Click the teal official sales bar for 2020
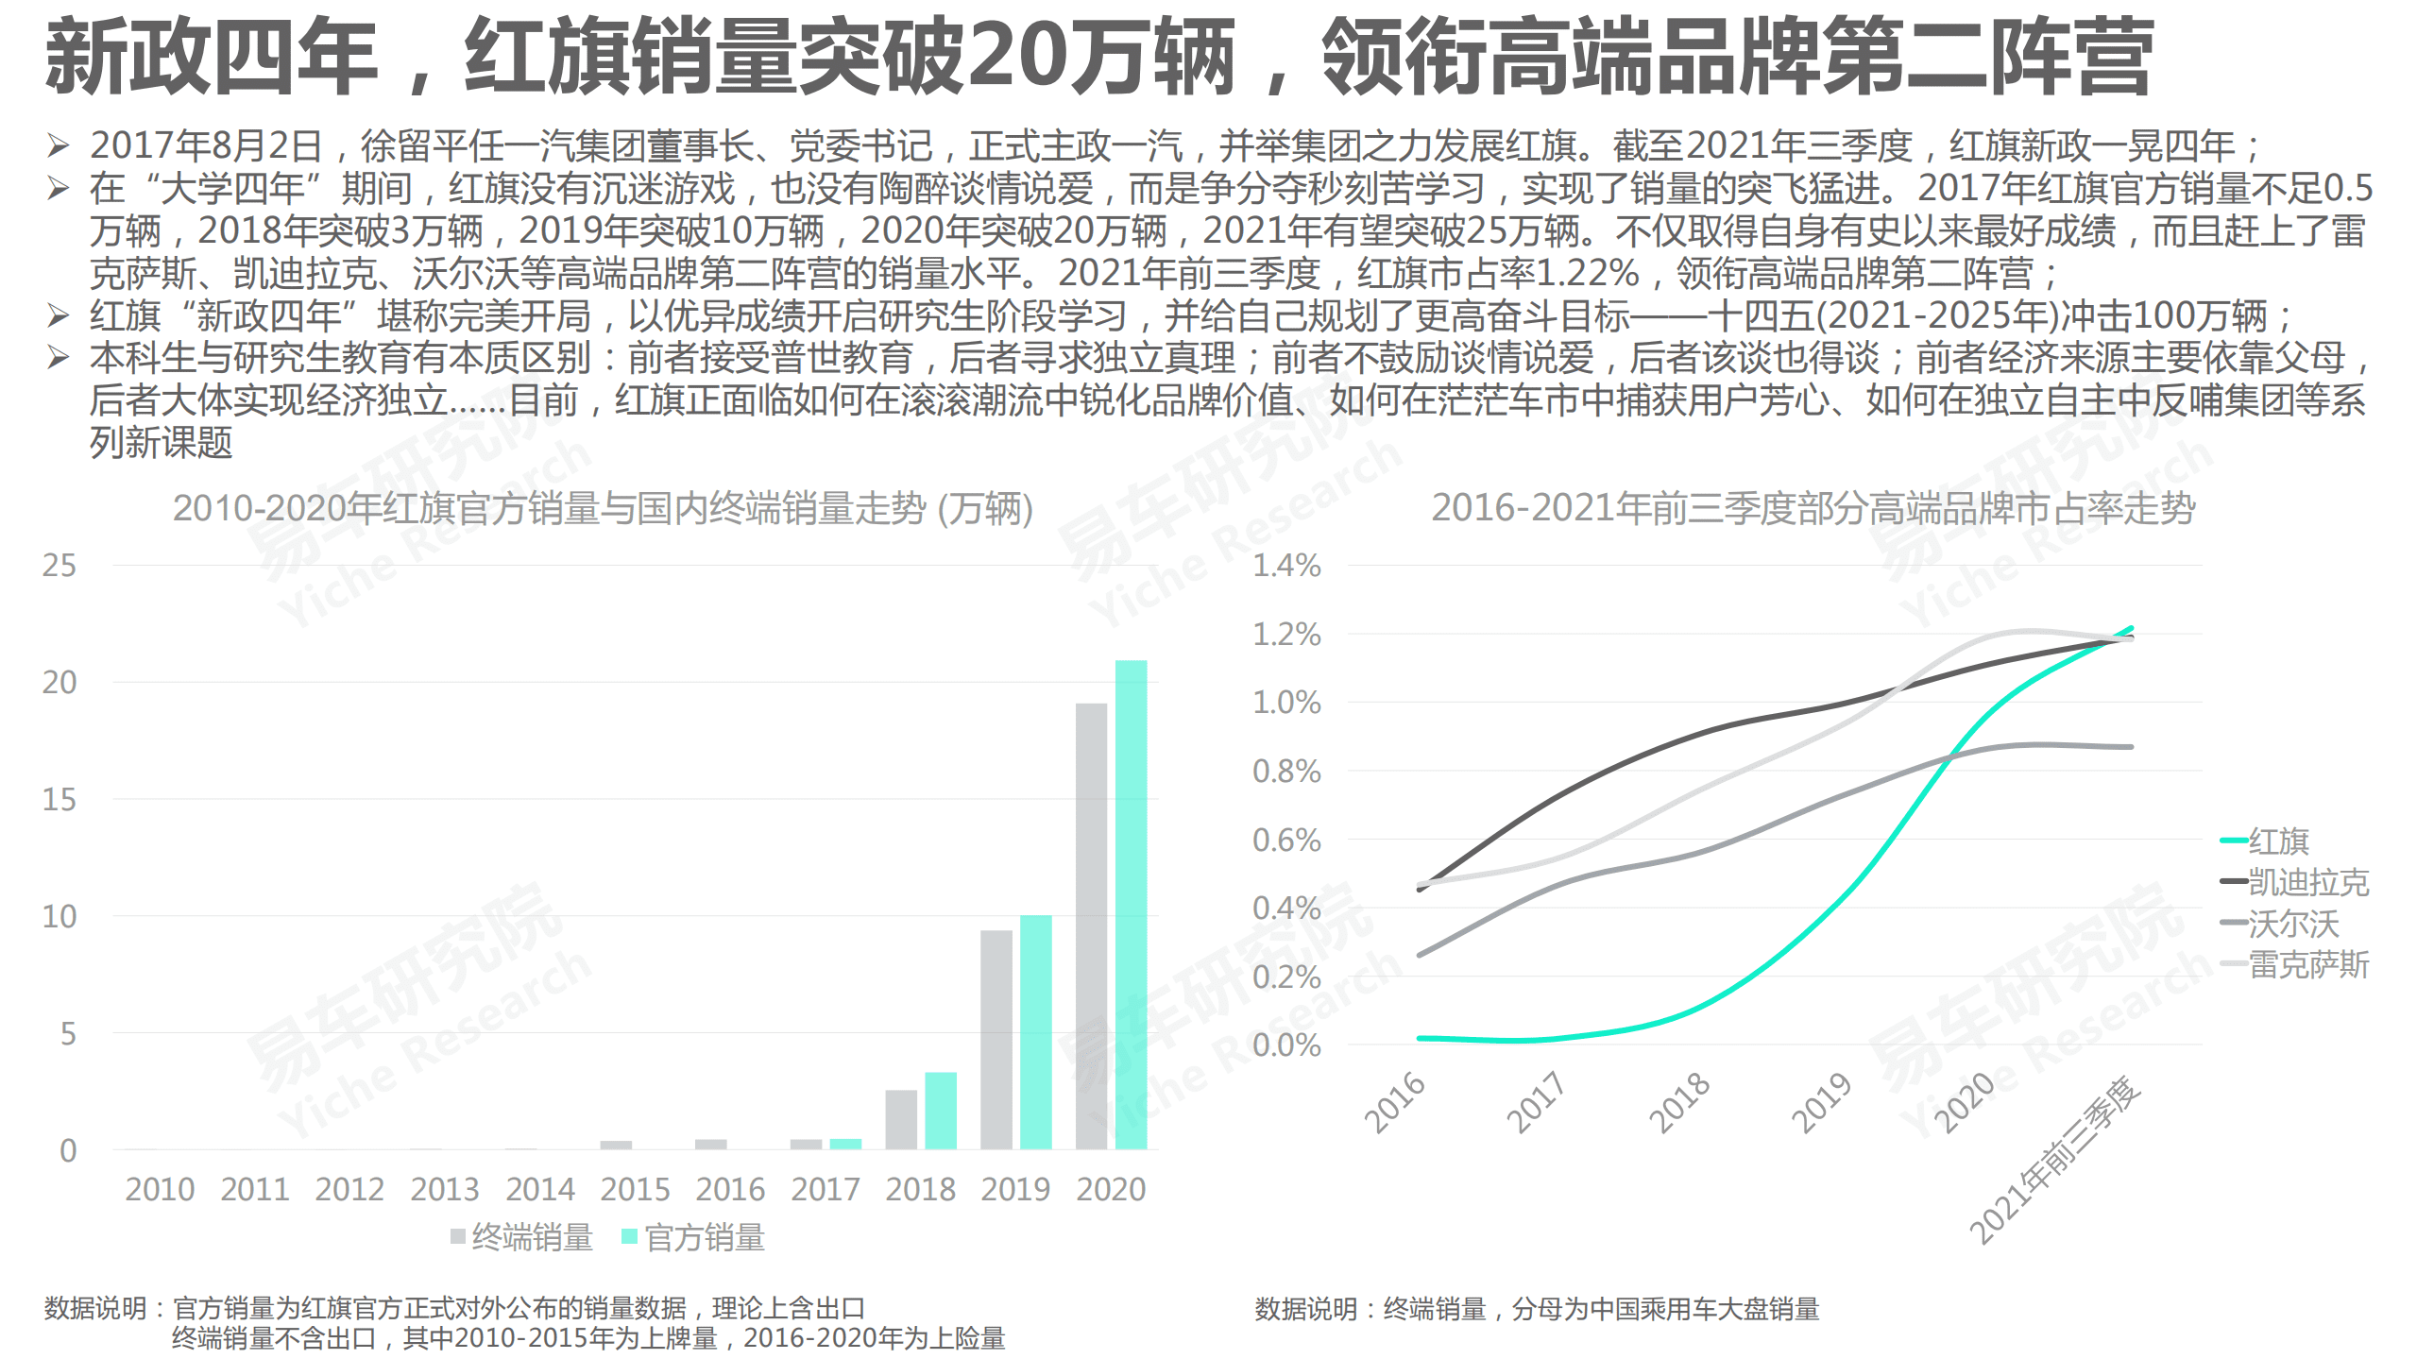[1131, 904]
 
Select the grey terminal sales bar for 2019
[996, 1039]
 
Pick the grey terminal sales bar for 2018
[900, 1119]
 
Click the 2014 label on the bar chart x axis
[539, 1189]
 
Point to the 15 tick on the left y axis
[59, 800]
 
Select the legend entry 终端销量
[522, 1237]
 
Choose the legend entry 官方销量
[694, 1237]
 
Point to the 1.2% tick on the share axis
[1285, 635]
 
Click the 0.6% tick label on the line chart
[1285, 840]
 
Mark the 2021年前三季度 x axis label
[2054, 1162]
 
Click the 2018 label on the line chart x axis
[1678, 1103]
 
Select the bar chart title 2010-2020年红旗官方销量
[602, 509]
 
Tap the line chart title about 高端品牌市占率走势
[1812, 508]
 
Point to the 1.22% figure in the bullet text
[1587, 273]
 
